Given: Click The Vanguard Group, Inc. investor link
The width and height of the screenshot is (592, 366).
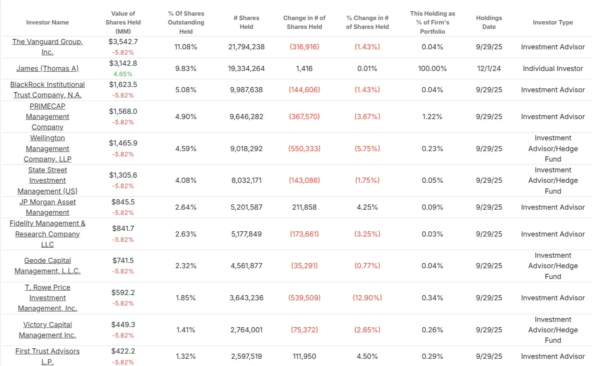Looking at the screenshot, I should [47, 47].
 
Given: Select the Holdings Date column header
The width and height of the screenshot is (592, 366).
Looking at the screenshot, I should [489, 22].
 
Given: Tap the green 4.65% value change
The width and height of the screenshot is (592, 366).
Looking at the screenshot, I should [123, 74].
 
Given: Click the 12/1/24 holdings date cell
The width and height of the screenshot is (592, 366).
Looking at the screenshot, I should [489, 69].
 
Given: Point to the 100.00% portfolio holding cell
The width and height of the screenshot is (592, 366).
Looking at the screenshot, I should [432, 69].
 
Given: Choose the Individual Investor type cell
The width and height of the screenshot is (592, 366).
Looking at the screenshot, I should [552, 69].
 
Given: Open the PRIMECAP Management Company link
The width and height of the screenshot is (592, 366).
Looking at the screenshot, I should [47, 117].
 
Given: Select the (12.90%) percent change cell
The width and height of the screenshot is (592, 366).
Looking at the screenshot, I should [367, 298].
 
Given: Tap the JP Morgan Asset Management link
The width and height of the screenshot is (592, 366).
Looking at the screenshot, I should [47, 207].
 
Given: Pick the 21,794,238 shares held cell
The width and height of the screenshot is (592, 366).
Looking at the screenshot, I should [246, 47].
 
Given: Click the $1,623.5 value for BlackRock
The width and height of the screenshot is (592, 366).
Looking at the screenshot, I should [123, 85].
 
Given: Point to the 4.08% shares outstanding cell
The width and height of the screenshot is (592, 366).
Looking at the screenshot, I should [186, 180].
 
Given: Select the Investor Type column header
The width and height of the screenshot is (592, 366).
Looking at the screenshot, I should [552, 22].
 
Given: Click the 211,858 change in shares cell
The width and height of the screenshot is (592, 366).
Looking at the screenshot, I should [304, 207].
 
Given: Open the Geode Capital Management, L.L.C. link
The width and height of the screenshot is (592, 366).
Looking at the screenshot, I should [47, 266].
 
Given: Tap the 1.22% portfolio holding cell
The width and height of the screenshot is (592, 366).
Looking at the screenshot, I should [432, 117].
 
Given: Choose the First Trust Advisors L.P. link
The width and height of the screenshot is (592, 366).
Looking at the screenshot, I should [47, 356].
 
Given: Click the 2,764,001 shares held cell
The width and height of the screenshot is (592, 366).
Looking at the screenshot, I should [246, 330].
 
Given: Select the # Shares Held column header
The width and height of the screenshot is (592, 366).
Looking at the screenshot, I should [246, 22].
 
